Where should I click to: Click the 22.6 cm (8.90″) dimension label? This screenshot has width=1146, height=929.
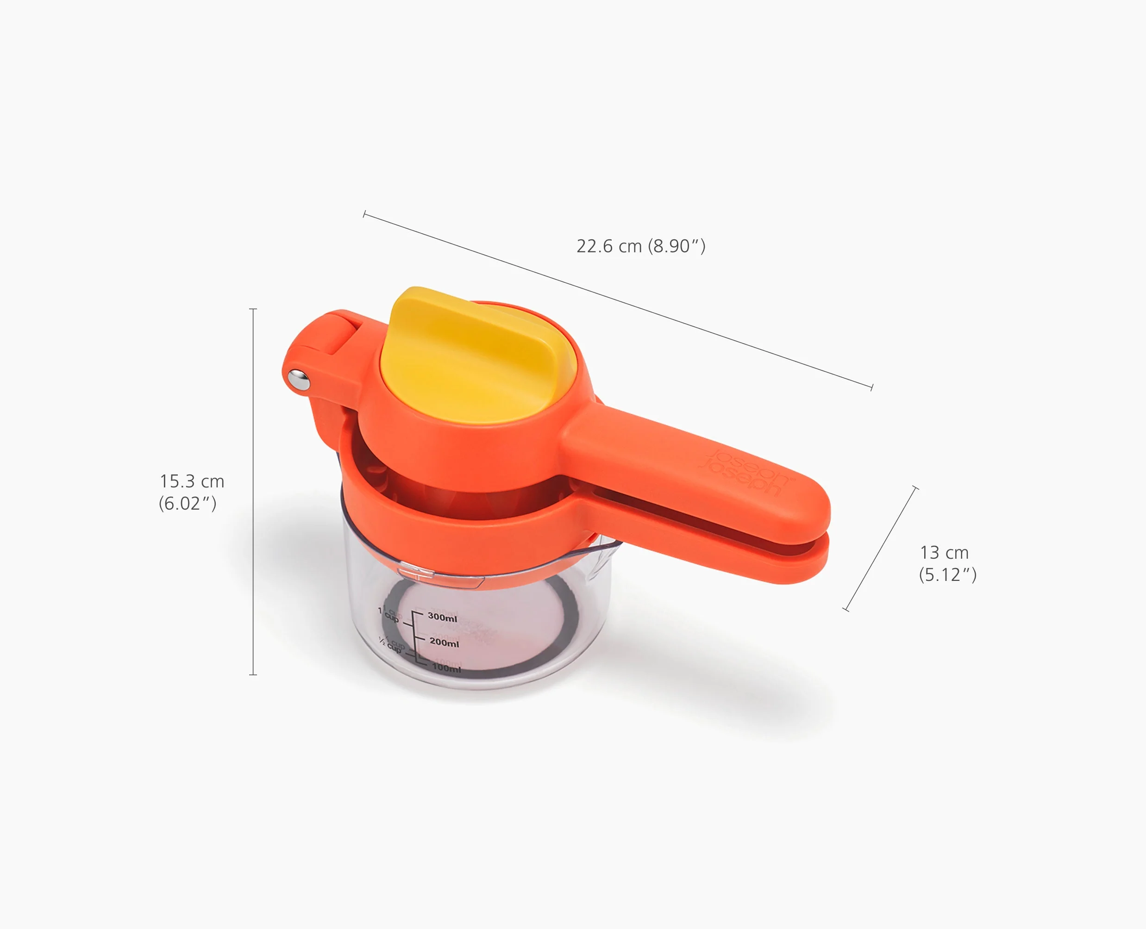[641, 246]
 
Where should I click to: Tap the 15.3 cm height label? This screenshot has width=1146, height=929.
[192, 481]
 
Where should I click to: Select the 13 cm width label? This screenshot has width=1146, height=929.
[944, 552]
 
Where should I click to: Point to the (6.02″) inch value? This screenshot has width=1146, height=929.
[188, 504]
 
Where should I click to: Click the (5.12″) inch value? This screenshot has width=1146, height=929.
[947, 575]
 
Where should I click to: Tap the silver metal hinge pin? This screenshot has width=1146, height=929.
[299, 379]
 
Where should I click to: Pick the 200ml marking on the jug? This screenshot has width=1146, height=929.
[444, 642]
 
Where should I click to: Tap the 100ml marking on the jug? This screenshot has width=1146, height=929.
[446, 668]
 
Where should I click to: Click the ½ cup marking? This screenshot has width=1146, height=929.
[391, 644]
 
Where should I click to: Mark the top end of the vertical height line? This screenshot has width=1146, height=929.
[253, 309]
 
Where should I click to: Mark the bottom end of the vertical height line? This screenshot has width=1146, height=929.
[253, 674]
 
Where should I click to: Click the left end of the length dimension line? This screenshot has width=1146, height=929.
[364, 214]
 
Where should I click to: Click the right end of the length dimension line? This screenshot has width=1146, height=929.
[872, 387]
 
